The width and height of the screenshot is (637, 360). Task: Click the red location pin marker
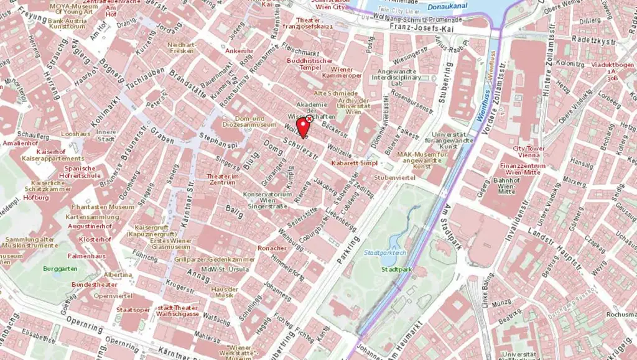[304, 127]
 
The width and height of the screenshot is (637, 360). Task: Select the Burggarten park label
[60, 269]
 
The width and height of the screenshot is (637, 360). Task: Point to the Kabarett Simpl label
[355, 162]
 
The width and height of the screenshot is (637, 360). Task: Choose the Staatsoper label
[133, 309]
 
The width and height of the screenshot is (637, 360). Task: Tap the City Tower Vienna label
[529, 152]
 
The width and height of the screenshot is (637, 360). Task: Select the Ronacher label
[272, 248]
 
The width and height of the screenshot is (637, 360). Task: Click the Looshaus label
[77, 134]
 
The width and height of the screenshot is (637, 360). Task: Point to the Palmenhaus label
[86, 256]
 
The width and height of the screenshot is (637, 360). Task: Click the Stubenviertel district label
[394, 177]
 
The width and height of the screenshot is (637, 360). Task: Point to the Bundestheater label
[94, 284]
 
